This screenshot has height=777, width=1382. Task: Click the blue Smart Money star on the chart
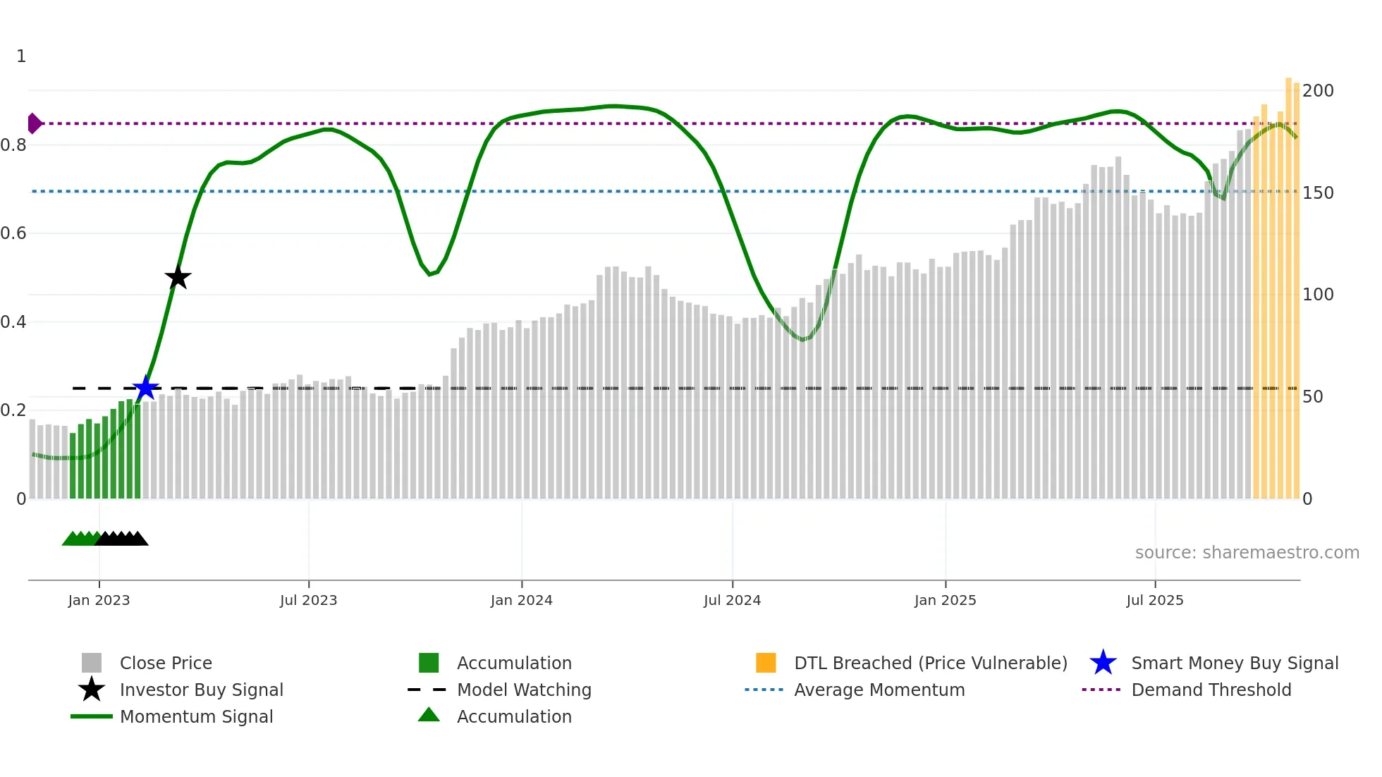(x=145, y=388)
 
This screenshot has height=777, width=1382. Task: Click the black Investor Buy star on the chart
(x=178, y=277)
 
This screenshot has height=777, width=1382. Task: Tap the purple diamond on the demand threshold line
(x=34, y=123)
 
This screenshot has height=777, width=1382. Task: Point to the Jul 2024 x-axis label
(x=732, y=600)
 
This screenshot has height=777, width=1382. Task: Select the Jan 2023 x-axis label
(x=99, y=600)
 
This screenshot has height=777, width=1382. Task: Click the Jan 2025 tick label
(x=945, y=600)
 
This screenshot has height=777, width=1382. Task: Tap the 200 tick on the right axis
(x=1317, y=91)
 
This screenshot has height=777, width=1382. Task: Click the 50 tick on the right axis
(x=1312, y=397)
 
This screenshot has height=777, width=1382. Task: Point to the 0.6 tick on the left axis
(x=13, y=233)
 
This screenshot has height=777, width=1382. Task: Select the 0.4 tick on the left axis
(x=13, y=322)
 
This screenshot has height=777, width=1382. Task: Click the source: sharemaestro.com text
(x=1247, y=553)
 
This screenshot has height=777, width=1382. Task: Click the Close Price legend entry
(x=166, y=663)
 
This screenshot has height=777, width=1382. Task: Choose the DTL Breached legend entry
(x=930, y=663)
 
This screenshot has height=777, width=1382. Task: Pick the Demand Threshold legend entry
(x=1211, y=690)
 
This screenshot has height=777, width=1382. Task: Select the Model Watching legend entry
(x=524, y=690)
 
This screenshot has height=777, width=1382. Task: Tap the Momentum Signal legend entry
(x=196, y=716)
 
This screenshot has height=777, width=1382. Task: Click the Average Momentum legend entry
(x=879, y=690)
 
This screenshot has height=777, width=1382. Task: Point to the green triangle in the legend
(x=429, y=715)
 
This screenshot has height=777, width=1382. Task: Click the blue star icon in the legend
(x=1103, y=663)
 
